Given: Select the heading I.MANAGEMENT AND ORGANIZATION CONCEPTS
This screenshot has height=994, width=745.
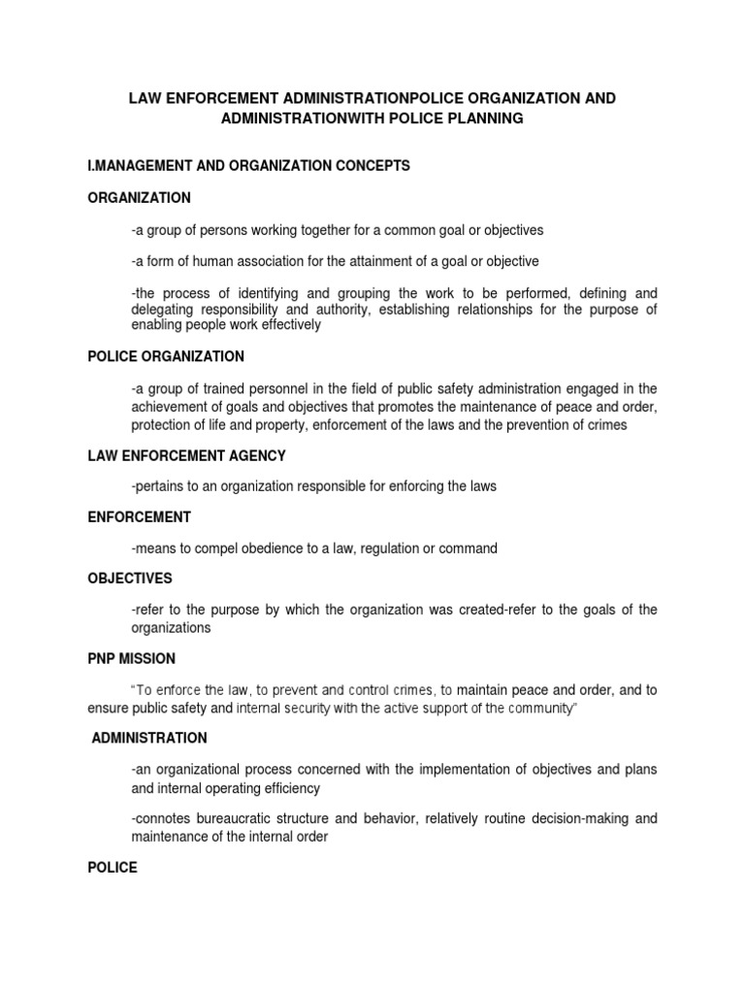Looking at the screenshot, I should click(249, 166).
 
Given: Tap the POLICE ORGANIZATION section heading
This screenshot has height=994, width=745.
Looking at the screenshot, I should click(166, 356).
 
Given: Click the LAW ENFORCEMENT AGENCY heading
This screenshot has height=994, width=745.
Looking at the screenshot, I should click(186, 455).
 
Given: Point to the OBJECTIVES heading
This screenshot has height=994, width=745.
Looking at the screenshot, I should click(130, 579).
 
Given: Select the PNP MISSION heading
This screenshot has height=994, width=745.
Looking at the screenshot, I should click(132, 658).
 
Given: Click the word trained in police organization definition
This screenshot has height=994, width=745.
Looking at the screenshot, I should click(211, 388).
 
